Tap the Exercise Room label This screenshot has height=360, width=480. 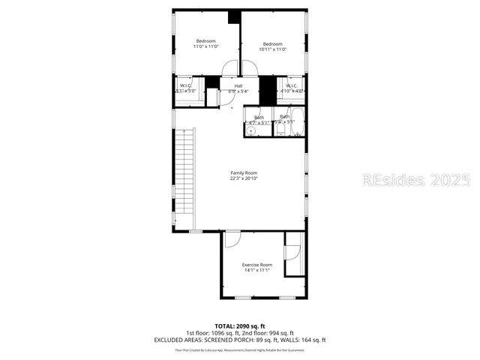(256, 265)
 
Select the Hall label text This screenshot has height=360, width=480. (238, 86)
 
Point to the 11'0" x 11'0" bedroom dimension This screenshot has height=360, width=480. (205, 46)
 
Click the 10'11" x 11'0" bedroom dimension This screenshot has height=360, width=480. (273, 49)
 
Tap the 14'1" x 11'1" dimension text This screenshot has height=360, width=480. (256, 271)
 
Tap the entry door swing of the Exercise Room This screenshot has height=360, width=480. (232, 239)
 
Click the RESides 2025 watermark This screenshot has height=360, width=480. (416, 180)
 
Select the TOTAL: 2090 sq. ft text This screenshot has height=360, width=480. (240, 325)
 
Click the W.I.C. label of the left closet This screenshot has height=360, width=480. (185, 85)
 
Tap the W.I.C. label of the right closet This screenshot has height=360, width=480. (292, 86)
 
